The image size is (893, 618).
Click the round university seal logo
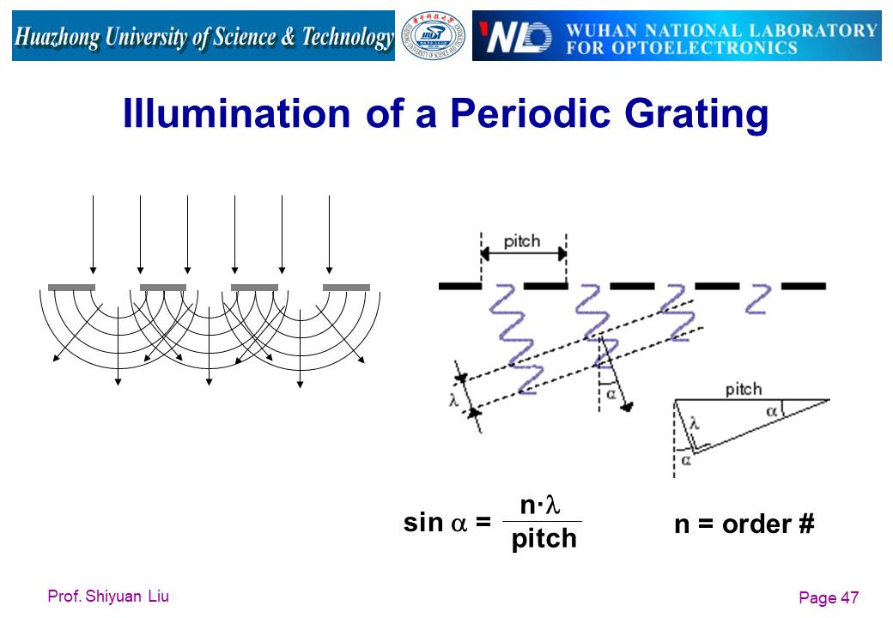pos(434,36)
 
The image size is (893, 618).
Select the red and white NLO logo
pos(515,36)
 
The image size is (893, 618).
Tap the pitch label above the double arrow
pos(522,242)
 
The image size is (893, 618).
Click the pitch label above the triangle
pos(744,390)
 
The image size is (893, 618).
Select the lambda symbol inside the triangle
pos(695,423)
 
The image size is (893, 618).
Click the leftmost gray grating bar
pos(71,288)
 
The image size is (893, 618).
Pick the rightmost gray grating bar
pos(346,288)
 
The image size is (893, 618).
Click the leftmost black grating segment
pos(460,286)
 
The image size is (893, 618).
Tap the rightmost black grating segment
pos(804,286)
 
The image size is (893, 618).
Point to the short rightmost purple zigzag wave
pos(759,300)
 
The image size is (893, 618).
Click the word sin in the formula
pos(423,523)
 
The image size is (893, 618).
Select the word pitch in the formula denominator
pos(544,538)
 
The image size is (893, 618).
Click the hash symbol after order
pos(806,524)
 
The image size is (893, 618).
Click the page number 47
pos(850,597)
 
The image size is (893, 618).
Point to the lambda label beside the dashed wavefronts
pos(454,400)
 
